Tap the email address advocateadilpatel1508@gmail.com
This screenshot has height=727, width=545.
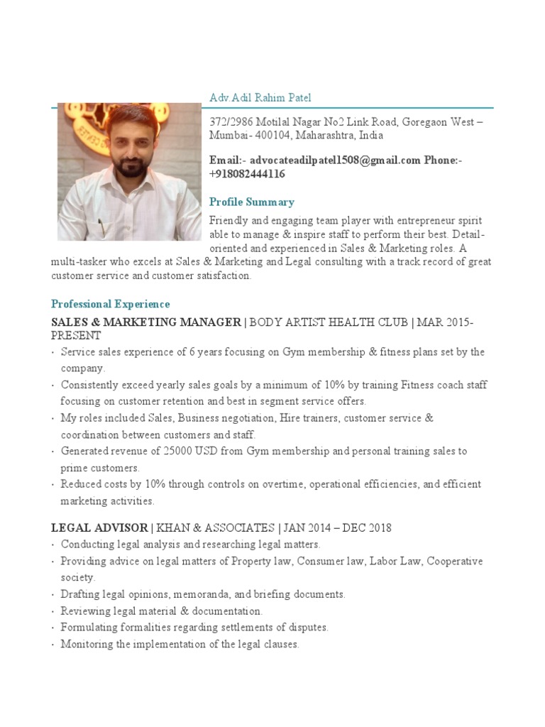(336, 160)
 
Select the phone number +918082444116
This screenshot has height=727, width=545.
(248, 174)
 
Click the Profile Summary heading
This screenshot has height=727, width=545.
(251, 202)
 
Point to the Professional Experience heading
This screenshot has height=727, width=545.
(111, 304)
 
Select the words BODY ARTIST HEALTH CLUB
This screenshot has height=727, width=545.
(327, 322)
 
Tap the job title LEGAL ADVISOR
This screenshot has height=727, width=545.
(100, 528)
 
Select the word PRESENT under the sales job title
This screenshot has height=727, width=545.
(76, 335)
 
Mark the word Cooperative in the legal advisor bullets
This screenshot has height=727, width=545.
(455, 561)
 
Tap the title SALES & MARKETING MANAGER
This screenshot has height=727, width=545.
(146, 322)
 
